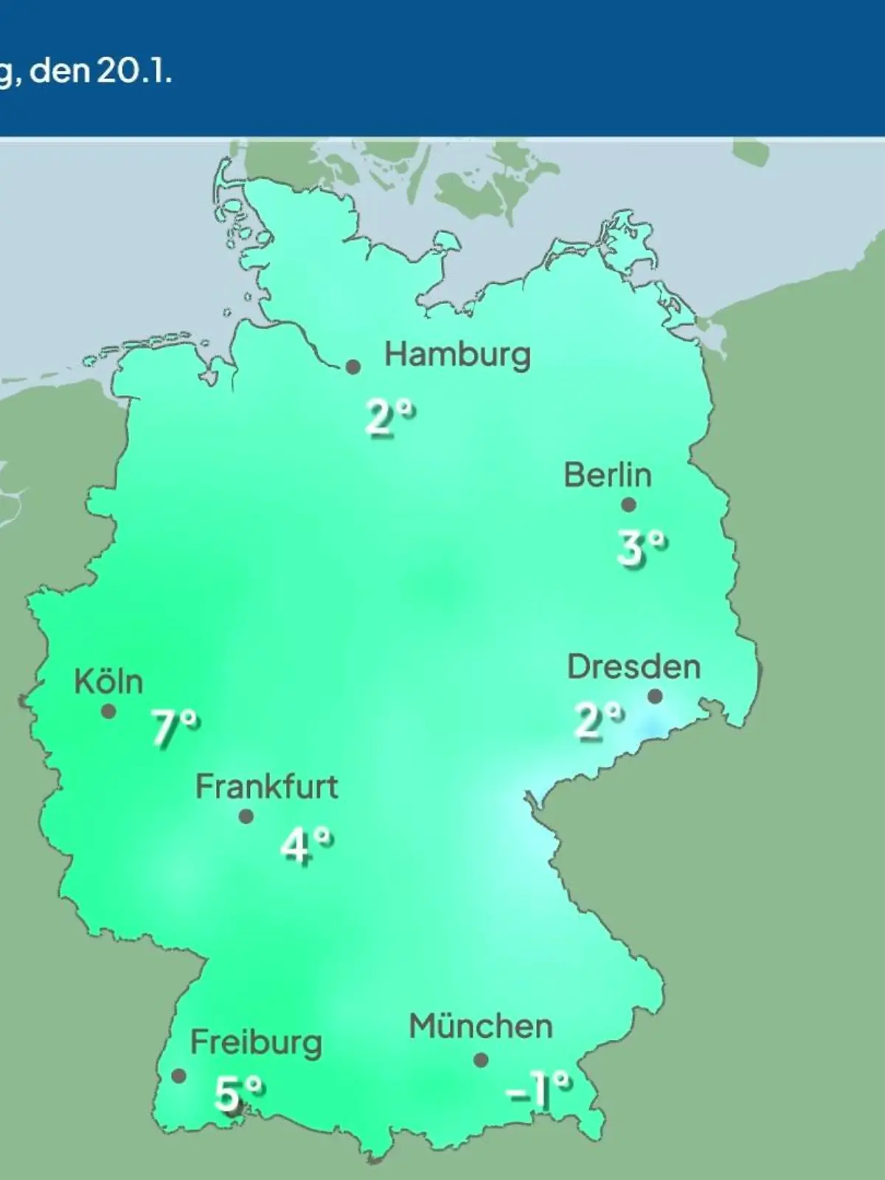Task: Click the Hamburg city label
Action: pyautogui.click(x=457, y=355)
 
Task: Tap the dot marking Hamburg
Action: pyautogui.click(x=353, y=367)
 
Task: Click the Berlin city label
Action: pyautogui.click(x=608, y=475)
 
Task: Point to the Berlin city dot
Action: pyautogui.click(x=628, y=505)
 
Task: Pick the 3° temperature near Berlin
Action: pyautogui.click(x=642, y=548)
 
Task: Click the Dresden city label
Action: pyautogui.click(x=634, y=667)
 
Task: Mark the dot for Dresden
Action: pyautogui.click(x=654, y=696)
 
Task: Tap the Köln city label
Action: pyautogui.click(x=108, y=681)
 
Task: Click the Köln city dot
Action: pyautogui.click(x=108, y=712)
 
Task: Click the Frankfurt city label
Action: pyautogui.click(x=266, y=787)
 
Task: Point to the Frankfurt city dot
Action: pyautogui.click(x=246, y=816)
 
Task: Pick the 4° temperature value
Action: pyautogui.click(x=306, y=845)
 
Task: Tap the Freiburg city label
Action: pyautogui.click(x=256, y=1043)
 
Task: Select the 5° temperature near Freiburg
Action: pyautogui.click(x=238, y=1093)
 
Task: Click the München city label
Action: pyautogui.click(x=481, y=1027)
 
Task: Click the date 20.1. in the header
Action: pyautogui.click(x=132, y=72)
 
